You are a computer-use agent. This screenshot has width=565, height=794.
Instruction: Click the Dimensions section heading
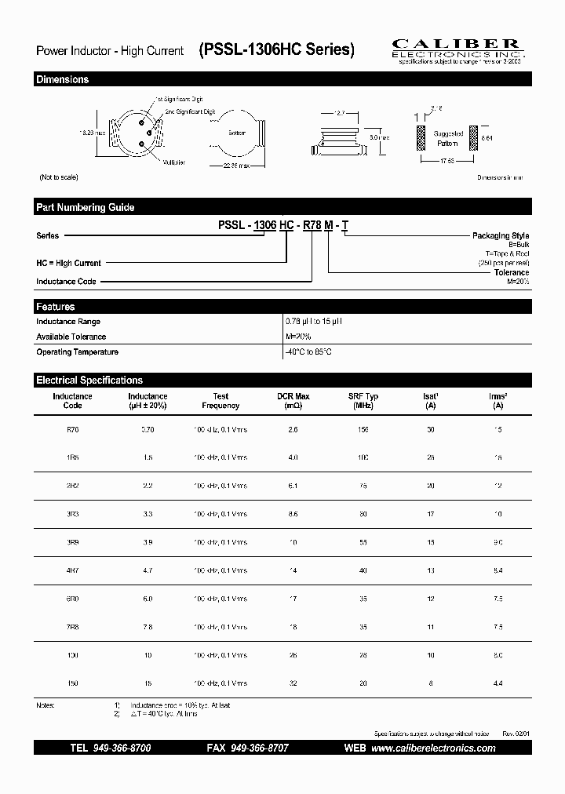point(63,79)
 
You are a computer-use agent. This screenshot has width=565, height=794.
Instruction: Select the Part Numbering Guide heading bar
point(86,207)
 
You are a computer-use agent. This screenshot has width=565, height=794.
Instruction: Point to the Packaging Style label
point(501,235)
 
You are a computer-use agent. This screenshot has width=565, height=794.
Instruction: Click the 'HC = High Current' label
point(69,264)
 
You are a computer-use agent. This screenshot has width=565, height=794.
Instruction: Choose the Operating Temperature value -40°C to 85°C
point(308,352)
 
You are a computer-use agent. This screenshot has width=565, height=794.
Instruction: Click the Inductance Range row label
point(69,322)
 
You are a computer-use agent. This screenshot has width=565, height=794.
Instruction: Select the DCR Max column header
point(293,401)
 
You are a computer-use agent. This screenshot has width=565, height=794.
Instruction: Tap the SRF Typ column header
point(363,401)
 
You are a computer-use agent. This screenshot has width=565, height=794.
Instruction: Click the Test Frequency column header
point(221,401)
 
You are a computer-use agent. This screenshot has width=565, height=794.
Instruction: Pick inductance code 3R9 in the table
point(72,542)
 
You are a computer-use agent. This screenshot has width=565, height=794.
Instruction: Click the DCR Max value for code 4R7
point(293,570)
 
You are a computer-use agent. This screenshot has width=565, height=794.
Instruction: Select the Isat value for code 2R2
point(431,486)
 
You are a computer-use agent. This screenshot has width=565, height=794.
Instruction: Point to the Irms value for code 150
point(498,683)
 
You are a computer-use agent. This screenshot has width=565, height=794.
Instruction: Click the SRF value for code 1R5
point(363,458)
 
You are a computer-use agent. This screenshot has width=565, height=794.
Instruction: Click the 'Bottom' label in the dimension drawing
point(237,133)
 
